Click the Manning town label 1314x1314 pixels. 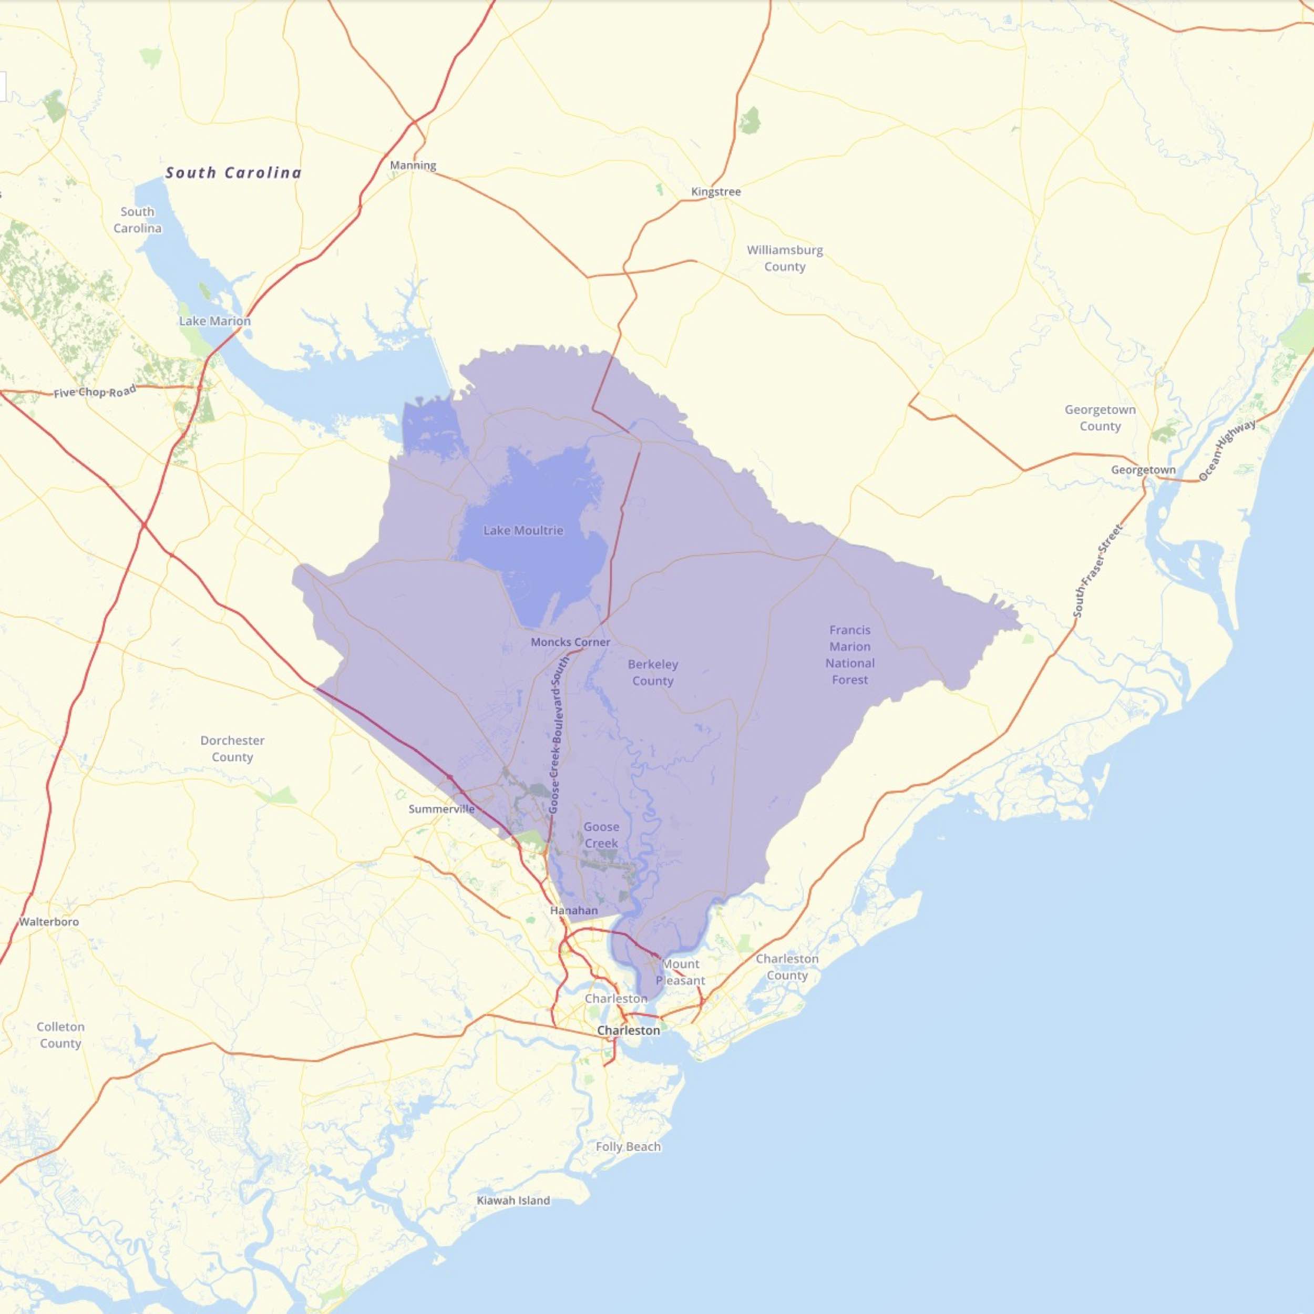413,165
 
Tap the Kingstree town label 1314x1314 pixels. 715,192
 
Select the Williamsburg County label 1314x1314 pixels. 785,259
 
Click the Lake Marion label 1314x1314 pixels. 215,321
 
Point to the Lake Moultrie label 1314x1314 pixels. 523,530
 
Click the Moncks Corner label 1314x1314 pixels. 570,642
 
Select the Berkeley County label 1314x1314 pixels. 653,673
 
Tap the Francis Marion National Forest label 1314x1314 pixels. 850,655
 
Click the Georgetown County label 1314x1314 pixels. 1100,418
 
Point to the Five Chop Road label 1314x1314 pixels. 95,393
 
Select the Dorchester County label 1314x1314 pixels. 233,749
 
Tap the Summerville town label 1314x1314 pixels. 442,809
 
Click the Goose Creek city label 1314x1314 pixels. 601,835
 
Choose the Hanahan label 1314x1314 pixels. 574,911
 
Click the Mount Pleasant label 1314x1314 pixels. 680,972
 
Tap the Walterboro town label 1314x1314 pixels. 49,922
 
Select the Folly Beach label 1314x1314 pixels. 628,1147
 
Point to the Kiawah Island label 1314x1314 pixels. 514,1219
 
